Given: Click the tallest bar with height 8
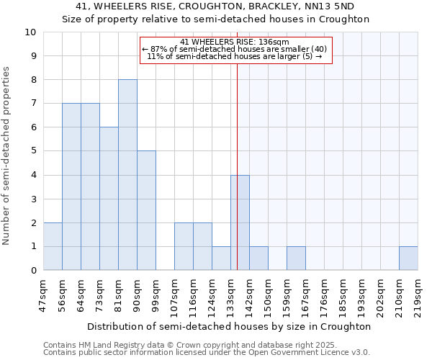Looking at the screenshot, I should (x=127, y=175).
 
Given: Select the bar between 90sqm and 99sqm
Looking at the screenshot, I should (x=146, y=210).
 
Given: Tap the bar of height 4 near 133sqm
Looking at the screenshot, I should (x=240, y=222).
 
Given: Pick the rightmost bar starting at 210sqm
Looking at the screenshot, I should (x=408, y=258).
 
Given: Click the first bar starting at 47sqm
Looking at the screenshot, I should (x=53, y=246).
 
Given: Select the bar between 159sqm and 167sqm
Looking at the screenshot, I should (x=296, y=258).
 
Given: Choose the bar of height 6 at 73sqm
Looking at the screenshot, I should (x=109, y=199).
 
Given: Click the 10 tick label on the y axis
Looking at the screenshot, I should (x=30, y=32).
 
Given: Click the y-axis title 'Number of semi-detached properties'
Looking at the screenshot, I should (x=7, y=156).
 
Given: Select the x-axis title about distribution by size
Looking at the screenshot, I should (x=229, y=326).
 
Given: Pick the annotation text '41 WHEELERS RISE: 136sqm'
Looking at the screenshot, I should (x=235, y=42).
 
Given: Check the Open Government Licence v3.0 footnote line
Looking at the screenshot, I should (x=207, y=353).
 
